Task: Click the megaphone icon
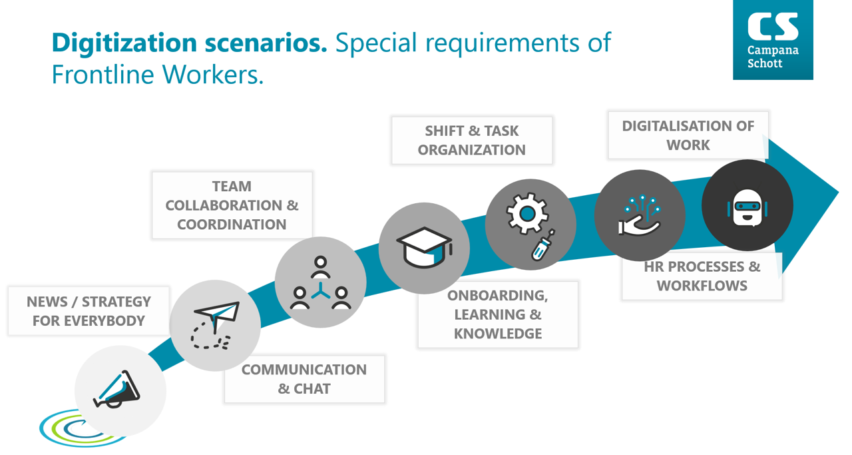pos(116,390)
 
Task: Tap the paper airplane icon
pos(215,325)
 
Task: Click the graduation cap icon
pos(424,248)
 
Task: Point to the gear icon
pos(527,213)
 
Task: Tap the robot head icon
pos(747,208)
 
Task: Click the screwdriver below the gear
pos(543,245)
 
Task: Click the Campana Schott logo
pos(773,39)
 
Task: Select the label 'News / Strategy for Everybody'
pos(89,311)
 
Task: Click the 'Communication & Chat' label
pos(304,379)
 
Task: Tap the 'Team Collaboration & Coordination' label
pos(232,205)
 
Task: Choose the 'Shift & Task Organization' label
pos(472,141)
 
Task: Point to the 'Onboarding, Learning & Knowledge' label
pos(498,314)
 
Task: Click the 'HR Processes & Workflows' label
pos(702,276)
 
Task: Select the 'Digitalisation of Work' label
pos(688,135)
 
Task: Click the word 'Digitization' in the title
pos(124,43)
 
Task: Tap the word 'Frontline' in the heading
pos(103,74)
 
